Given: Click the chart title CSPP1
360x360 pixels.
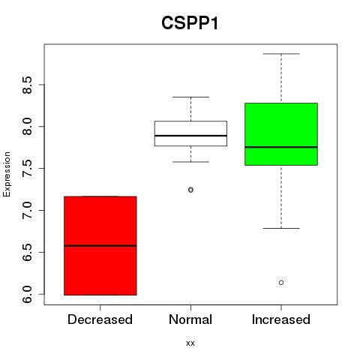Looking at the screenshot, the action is [190, 23].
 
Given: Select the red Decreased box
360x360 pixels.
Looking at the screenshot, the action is [100, 246].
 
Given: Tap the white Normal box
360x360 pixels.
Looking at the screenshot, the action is [190, 133].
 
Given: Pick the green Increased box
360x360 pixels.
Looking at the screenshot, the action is [281, 134].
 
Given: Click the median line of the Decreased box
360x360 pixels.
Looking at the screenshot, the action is [100, 246].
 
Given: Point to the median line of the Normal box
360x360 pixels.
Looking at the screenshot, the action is [190, 136].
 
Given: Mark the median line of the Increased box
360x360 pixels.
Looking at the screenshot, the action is [281, 147].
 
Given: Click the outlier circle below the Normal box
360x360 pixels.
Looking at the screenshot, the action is [190, 190].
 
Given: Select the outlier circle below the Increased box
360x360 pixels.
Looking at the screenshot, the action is [281, 283].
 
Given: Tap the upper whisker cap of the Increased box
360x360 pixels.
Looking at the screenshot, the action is [281, 54].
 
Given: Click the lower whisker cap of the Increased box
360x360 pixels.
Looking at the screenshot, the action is [281, 228].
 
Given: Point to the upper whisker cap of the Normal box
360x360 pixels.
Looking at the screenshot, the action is [190, 97].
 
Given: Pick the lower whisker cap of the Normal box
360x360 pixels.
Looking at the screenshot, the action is [190, 162].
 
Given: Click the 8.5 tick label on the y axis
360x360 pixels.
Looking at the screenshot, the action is [27, 85].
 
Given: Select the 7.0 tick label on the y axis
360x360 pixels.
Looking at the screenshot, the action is [27, 211].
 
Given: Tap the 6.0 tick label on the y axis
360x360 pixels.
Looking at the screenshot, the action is [27, 294].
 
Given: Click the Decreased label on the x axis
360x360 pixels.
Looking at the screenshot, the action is [100, 319].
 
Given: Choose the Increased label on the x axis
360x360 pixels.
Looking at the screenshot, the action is [281, 319].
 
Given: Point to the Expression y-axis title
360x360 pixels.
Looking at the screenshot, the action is [7, 174].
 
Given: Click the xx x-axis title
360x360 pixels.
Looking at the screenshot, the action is [190, 343].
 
